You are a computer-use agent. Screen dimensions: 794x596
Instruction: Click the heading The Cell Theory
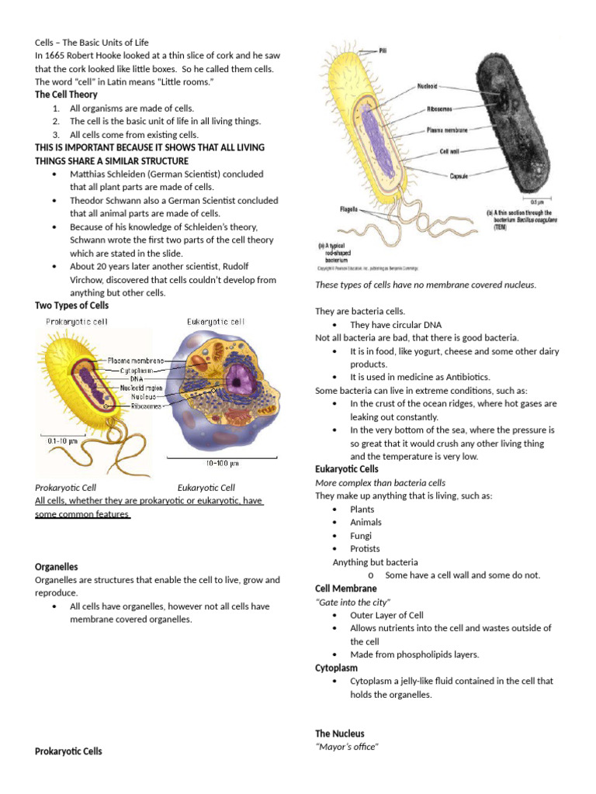coord(66,95)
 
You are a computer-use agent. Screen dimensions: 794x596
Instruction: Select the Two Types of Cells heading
coord(71,306)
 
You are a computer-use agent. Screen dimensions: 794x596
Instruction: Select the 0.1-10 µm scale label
coord(64,440)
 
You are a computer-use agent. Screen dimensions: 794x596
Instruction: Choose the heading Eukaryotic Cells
coord(346,469)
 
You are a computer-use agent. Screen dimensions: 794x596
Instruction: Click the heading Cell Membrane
coord(345,589)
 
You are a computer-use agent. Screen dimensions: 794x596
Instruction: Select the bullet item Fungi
coord(361,536)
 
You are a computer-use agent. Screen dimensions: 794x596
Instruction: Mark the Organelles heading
coord(57,567)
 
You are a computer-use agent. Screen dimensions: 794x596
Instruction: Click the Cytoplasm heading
coord(336,668)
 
